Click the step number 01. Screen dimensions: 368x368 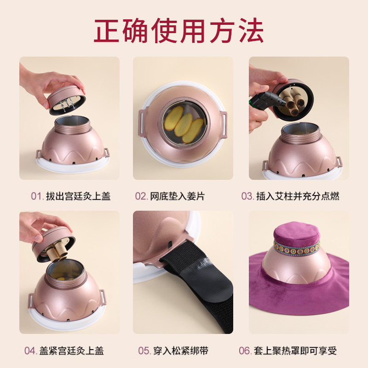[36, 196]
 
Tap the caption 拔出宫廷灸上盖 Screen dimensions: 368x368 [78, 196]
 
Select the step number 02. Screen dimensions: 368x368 [141, 196]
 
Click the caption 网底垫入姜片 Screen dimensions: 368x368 [177, 196]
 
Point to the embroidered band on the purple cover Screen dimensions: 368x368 [297, 249]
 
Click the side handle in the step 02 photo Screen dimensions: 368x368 [224, 124]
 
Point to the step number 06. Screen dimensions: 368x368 [244, 351]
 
